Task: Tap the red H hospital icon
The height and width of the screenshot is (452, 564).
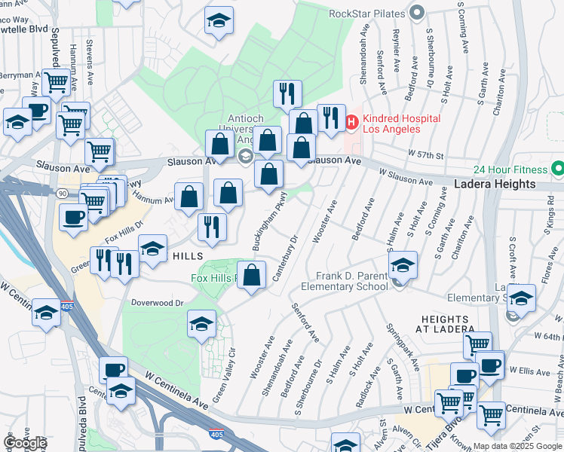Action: click(x=351, y=121)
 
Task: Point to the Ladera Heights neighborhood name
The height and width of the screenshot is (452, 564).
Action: click(x=495, y=185)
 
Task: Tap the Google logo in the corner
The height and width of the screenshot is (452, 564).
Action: click(x=24, y=443)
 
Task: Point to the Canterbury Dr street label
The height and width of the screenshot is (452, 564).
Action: click(x=287, y=261)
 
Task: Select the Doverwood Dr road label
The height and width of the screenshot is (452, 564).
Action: click(x=158, y=303)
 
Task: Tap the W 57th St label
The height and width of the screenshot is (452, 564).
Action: click(x=424, y=154)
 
